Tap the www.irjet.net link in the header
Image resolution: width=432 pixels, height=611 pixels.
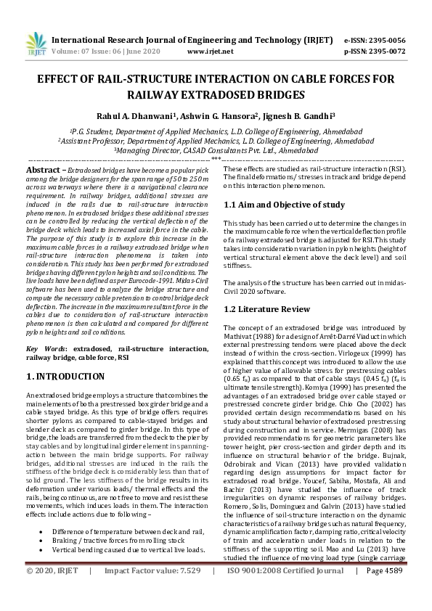tap(210, 52)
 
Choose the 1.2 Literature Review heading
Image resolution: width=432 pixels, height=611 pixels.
tap(266, 309)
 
